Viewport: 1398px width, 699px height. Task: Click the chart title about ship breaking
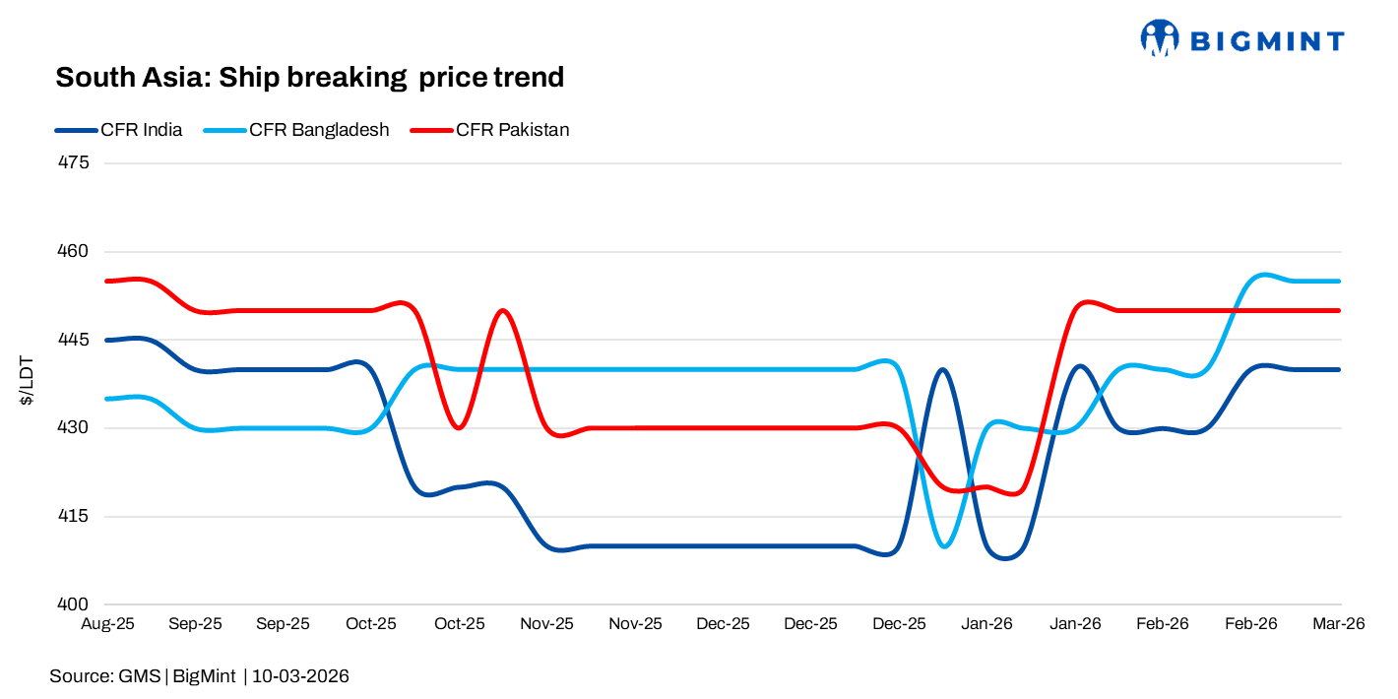tap(309, 78)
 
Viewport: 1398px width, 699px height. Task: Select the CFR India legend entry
tap(141, 130)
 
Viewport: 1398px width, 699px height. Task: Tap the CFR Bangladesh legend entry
tap(319, 130)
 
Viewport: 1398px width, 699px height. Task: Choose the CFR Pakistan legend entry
tap(512, 130)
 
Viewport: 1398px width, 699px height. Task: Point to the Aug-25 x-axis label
tap(107, 624)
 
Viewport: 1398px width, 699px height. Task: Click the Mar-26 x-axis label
tap(1339, 624)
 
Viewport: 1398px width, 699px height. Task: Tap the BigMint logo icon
tap(1160, 38)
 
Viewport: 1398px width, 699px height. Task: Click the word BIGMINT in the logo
tap(1267, 41)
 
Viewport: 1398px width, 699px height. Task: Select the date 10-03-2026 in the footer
tap(301, 676)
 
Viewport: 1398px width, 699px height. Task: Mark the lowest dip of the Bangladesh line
tap(945, 546)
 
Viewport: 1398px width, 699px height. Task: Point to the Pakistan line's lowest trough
tap(1014, 493)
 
